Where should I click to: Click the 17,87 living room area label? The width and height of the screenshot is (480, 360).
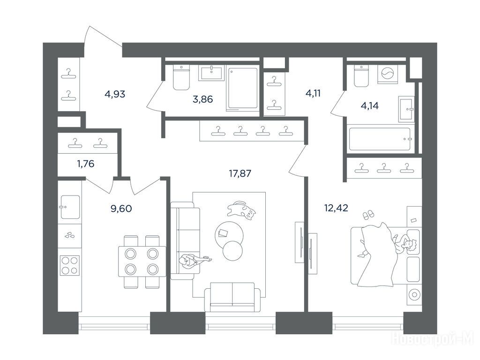click(x=240, y=173)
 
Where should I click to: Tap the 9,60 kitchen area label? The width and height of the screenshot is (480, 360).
click(x=121, y=209)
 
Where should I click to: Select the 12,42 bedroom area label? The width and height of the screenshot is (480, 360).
click(x=336, y=208)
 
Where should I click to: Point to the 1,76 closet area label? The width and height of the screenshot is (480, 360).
click(x=86, y=164)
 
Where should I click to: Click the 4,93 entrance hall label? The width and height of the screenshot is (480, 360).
click(x=115, y=94)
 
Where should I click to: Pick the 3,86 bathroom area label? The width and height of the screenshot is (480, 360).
click(x=202, y=99)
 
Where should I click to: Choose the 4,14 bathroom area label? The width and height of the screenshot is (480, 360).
click(x=369, y=106)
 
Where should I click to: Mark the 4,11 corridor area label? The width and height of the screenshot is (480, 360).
click(x=313, y=93)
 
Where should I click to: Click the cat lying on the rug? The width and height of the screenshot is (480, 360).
click(x=241, y=210)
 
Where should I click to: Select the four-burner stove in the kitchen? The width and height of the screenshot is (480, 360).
click(x=69, y=265)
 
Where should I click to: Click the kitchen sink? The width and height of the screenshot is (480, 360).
click(x=70, y=207)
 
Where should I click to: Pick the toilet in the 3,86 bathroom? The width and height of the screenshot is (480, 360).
click(x=181, y=78)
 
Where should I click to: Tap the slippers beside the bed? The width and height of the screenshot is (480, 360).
click(x=367, y=215)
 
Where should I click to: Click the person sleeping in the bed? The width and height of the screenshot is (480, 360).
click(x=404, y=244)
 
